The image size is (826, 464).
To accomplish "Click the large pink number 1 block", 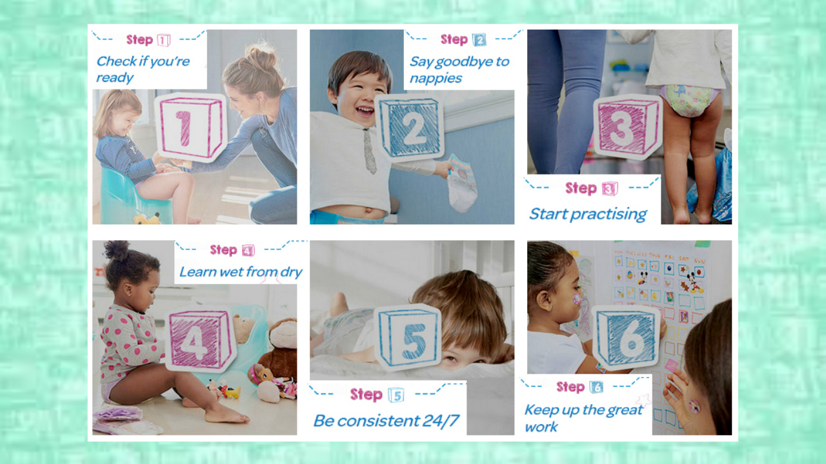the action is click(x=190, y=128).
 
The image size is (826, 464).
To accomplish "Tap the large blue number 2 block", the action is click(x=409, y=128).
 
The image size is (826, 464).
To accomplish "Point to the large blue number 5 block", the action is click(x=408, y=337).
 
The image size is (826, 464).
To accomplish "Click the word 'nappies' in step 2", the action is click(x=436, y=79).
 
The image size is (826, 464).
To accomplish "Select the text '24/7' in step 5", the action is click(x=440, y=421).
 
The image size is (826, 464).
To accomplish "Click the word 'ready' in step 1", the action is click(x=115, y=78).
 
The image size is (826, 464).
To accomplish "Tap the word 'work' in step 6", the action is click(x=541, y=427).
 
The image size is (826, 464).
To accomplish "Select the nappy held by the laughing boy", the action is click(x=461, y=184).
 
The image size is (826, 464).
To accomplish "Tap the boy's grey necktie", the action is click(x=369, y=151).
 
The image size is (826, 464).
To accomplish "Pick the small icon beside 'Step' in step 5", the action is click(x=396, y=395).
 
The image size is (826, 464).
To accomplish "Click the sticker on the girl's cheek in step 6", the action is click(x=576, y=298).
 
